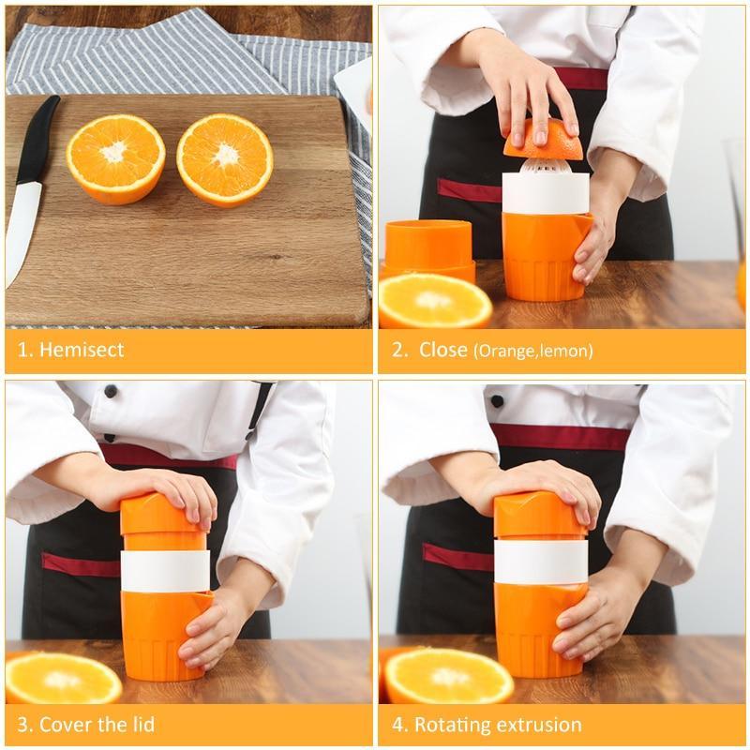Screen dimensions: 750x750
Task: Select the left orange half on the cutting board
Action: tap(115, 157)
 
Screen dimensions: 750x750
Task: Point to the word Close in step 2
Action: tap(442, 351)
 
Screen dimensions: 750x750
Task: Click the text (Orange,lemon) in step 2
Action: tap(532, 352)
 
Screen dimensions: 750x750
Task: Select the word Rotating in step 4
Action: tap(453, 724)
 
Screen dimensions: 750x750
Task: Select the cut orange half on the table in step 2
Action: tap(434, 300)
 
